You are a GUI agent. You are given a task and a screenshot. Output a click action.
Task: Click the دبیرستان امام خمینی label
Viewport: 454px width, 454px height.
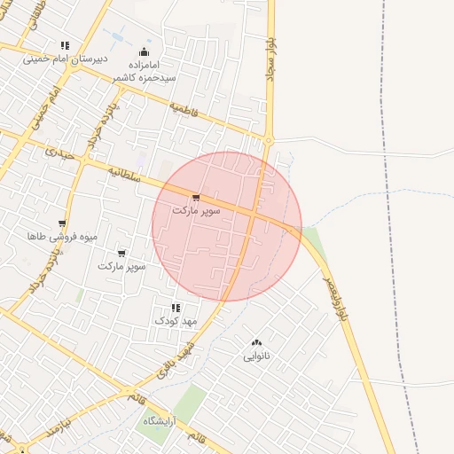click(65, 59)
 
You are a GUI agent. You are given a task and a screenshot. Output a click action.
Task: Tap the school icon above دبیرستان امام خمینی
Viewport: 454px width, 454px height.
click(65, 45)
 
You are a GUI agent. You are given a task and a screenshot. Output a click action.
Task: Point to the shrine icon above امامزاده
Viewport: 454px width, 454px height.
click(144, 51)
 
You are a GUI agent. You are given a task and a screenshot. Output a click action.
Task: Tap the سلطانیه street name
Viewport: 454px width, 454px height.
click(125, 172)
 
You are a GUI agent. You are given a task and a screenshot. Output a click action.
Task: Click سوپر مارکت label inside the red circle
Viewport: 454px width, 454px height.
click(196, 211)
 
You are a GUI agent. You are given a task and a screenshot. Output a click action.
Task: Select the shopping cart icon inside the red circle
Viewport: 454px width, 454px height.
click(196, 198)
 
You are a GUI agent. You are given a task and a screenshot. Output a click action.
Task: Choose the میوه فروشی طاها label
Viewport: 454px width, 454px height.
click(61, 237)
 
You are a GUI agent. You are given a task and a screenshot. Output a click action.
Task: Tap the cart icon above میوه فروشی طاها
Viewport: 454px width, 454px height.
click(61, 223)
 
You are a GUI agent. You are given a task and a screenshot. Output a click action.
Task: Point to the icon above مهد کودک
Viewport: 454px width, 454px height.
click(174, 307)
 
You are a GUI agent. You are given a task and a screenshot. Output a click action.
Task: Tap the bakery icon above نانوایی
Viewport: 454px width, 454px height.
click(256, 342)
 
